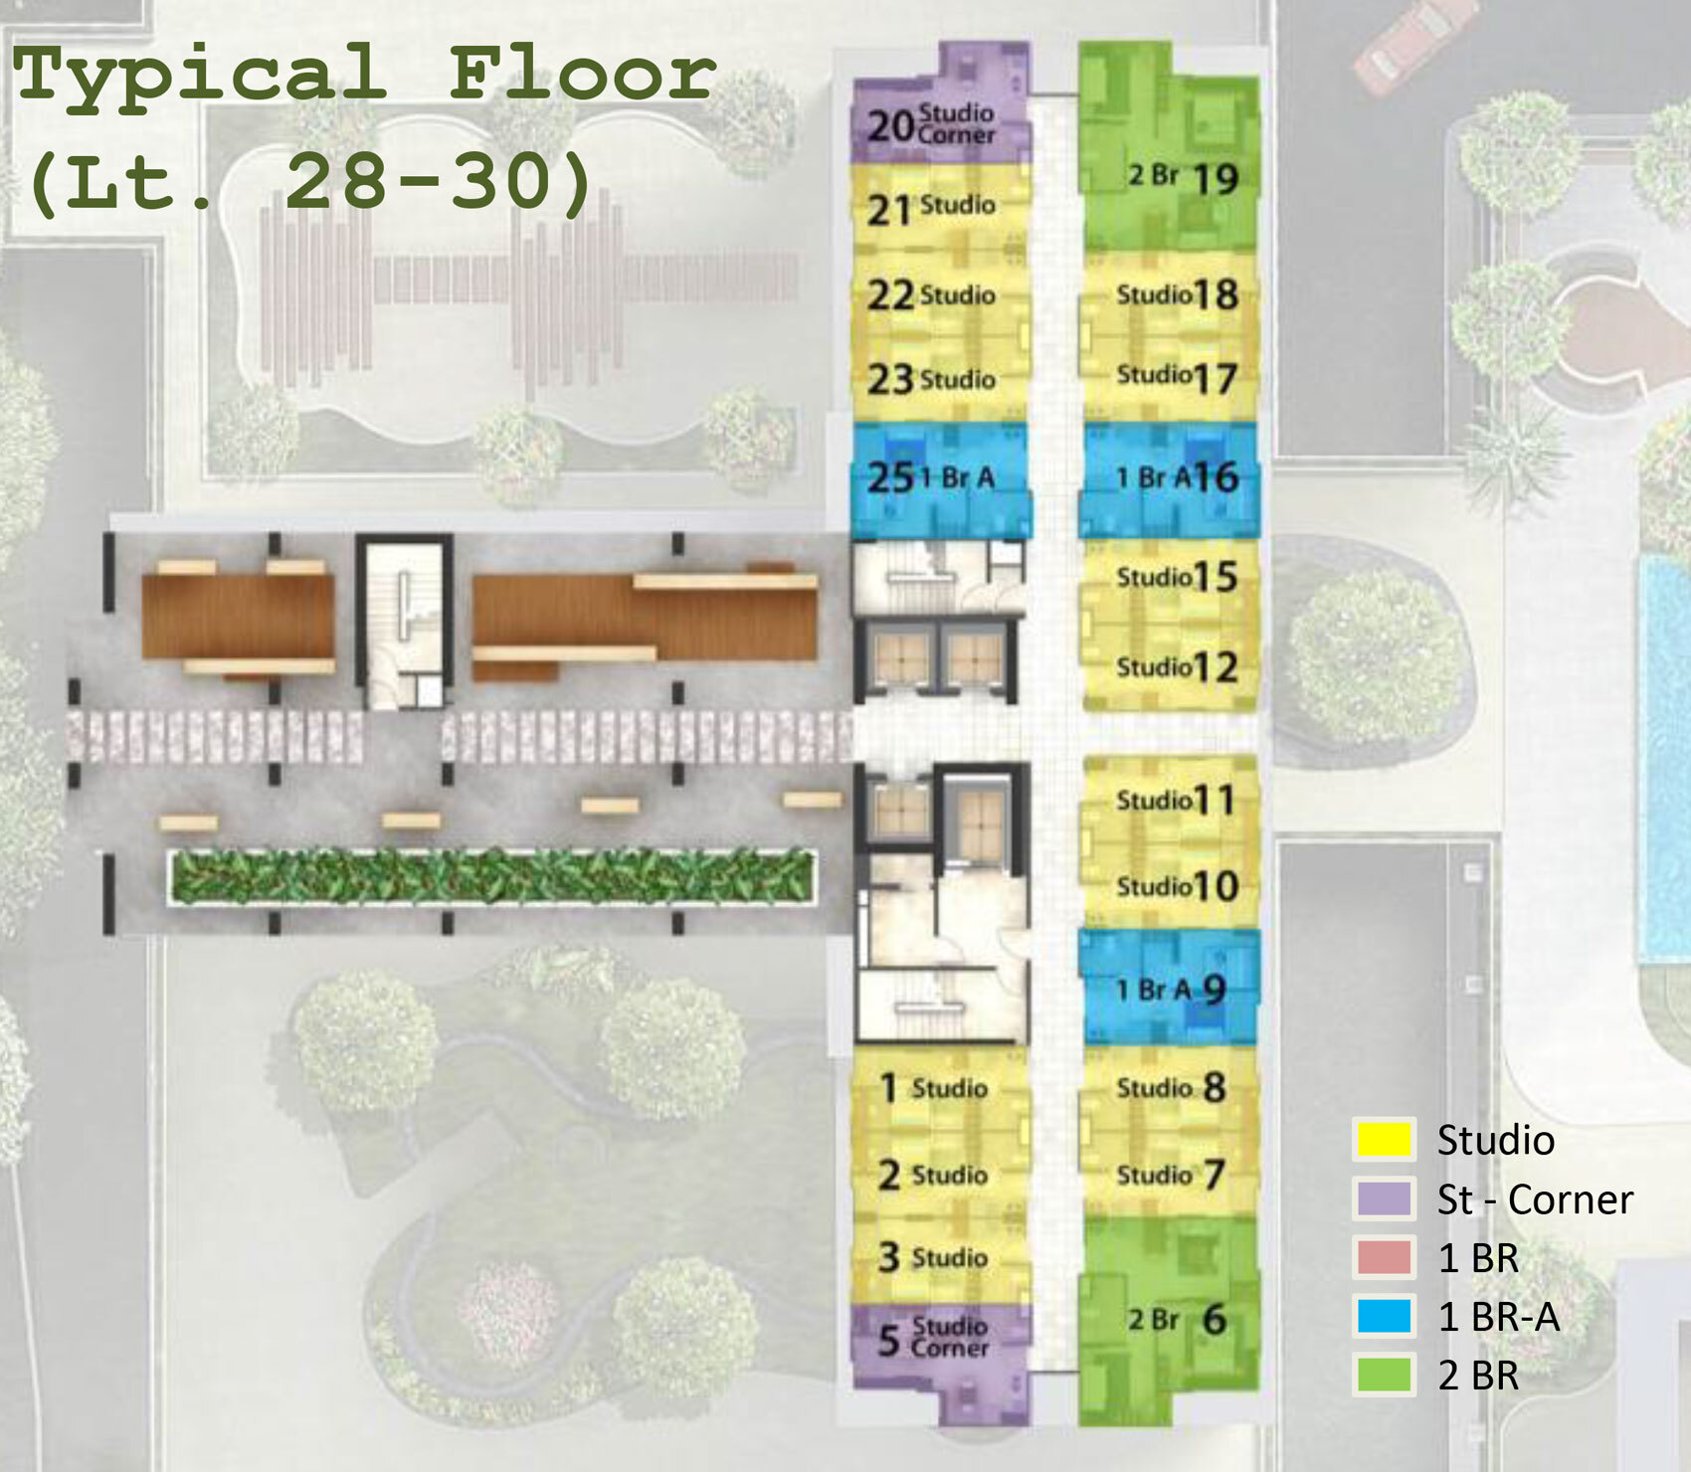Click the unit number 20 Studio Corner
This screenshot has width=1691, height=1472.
pos(940,102)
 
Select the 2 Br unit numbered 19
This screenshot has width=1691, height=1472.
pos(1170,147)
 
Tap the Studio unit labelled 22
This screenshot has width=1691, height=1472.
pos(940,294)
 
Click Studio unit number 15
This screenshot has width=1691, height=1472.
pos(1170,582)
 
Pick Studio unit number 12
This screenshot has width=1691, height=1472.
pos(1170,667)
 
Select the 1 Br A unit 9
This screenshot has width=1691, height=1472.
pos(1170,987)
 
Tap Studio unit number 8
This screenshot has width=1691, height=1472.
pos(1170,1088)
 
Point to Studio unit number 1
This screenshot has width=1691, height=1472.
pos(940,1088)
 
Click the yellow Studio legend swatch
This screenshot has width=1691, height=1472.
pos(1384,1140)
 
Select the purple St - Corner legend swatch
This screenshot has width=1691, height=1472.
pos(1384,1198)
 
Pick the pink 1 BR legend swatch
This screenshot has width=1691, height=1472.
pos(1384,1257)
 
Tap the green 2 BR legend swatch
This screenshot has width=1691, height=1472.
pos(1384,1375)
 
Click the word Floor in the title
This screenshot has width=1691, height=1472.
pos(582,75)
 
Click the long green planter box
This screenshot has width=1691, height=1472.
pos(492,877)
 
